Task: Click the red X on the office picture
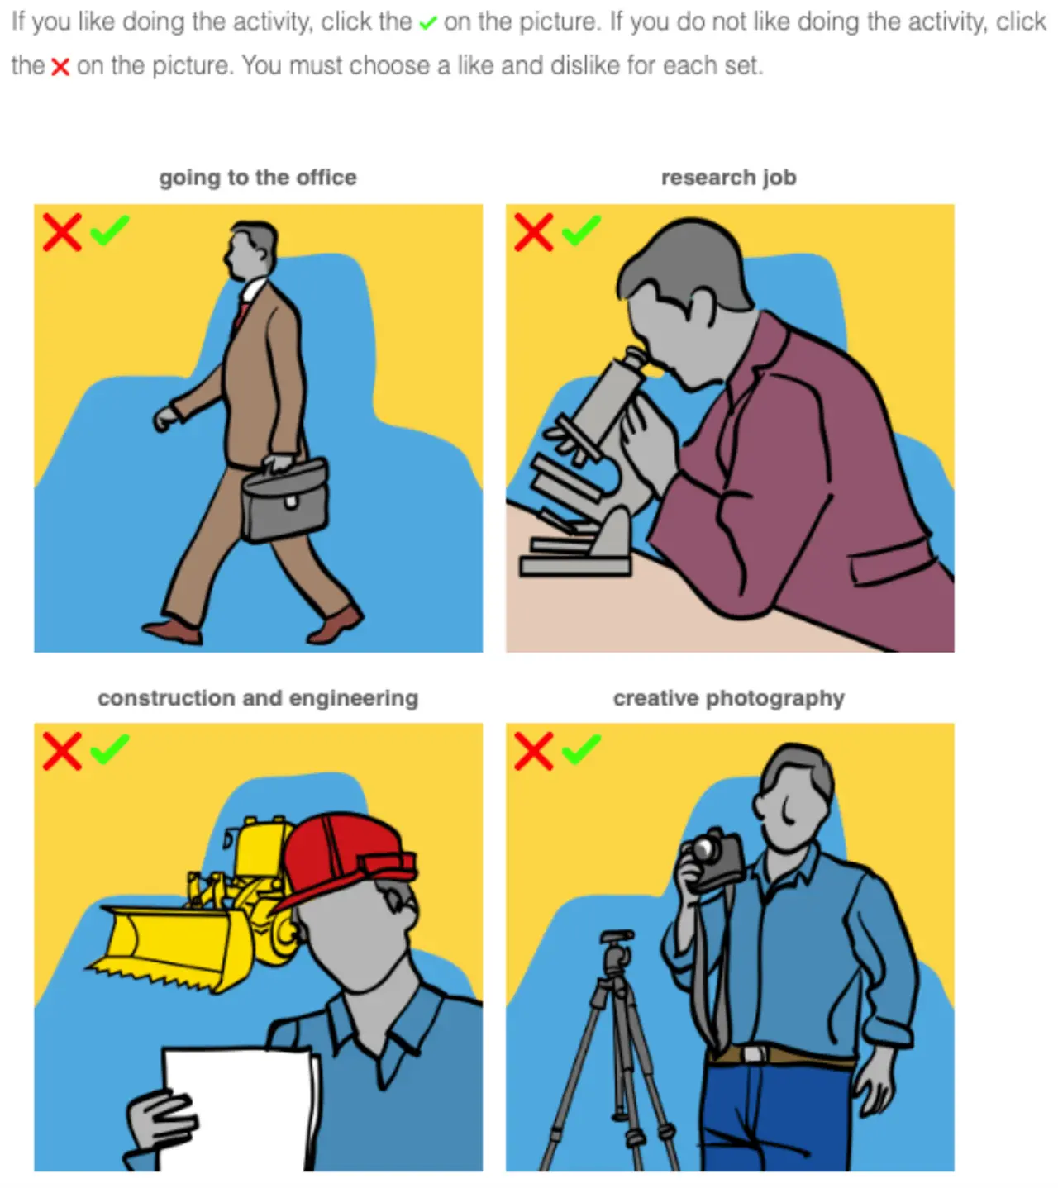62,232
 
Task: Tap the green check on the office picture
109,230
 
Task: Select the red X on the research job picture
533,232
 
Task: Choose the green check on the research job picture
581,230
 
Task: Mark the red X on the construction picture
62,751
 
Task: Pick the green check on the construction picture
109,749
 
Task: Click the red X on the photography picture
533,751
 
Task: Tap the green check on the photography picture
581,749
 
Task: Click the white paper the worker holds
236,1107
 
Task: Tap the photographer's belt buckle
752,1054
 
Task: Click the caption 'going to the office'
258,178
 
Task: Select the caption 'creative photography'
728,698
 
